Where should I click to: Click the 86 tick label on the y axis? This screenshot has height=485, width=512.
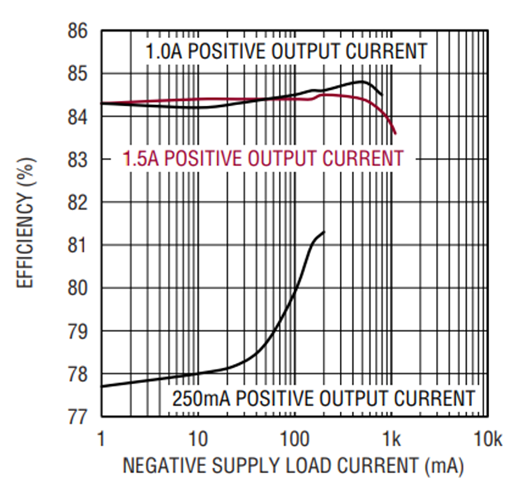pos(78,31)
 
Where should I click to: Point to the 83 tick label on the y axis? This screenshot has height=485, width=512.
pos(78,160)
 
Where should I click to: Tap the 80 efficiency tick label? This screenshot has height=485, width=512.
pos(78,288)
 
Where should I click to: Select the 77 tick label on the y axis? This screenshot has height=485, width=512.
pos(78,417)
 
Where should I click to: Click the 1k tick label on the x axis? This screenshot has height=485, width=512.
pos(391,439)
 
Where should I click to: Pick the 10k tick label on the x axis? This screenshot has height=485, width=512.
pos(488,439)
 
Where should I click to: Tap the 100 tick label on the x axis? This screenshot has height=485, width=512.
pos(295,439)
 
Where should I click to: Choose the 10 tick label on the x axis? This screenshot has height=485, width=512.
pos(198,439)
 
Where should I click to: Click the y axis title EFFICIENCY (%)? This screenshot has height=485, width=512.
pos(25,223)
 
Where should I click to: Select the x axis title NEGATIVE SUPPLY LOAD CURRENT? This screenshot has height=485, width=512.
pos(271,465)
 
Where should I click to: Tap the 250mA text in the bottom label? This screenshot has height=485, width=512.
pos(201,399)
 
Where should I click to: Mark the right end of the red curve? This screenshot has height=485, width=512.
pos(396,134)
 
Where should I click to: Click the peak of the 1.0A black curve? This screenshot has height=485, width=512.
pos(361,81)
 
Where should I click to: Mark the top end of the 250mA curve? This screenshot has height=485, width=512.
pos(324,231)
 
